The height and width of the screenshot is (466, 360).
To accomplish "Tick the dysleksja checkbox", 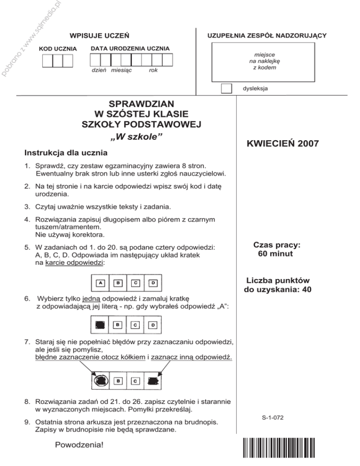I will pyautogui.click(x=226, y=88).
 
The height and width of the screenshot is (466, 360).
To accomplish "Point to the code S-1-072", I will pyautogui.click(x=276, y=417).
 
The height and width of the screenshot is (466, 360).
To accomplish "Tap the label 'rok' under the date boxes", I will pyautogui.click(x=153, y=70).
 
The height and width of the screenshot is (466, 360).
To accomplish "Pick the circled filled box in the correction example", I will pyautogui.click(x=100, y=380).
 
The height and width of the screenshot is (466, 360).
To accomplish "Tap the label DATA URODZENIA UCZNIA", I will pyautogui.click(x=130, y=49).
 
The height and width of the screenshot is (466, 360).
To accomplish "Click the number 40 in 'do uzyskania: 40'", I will pyautogui.click(x=307, y=289).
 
